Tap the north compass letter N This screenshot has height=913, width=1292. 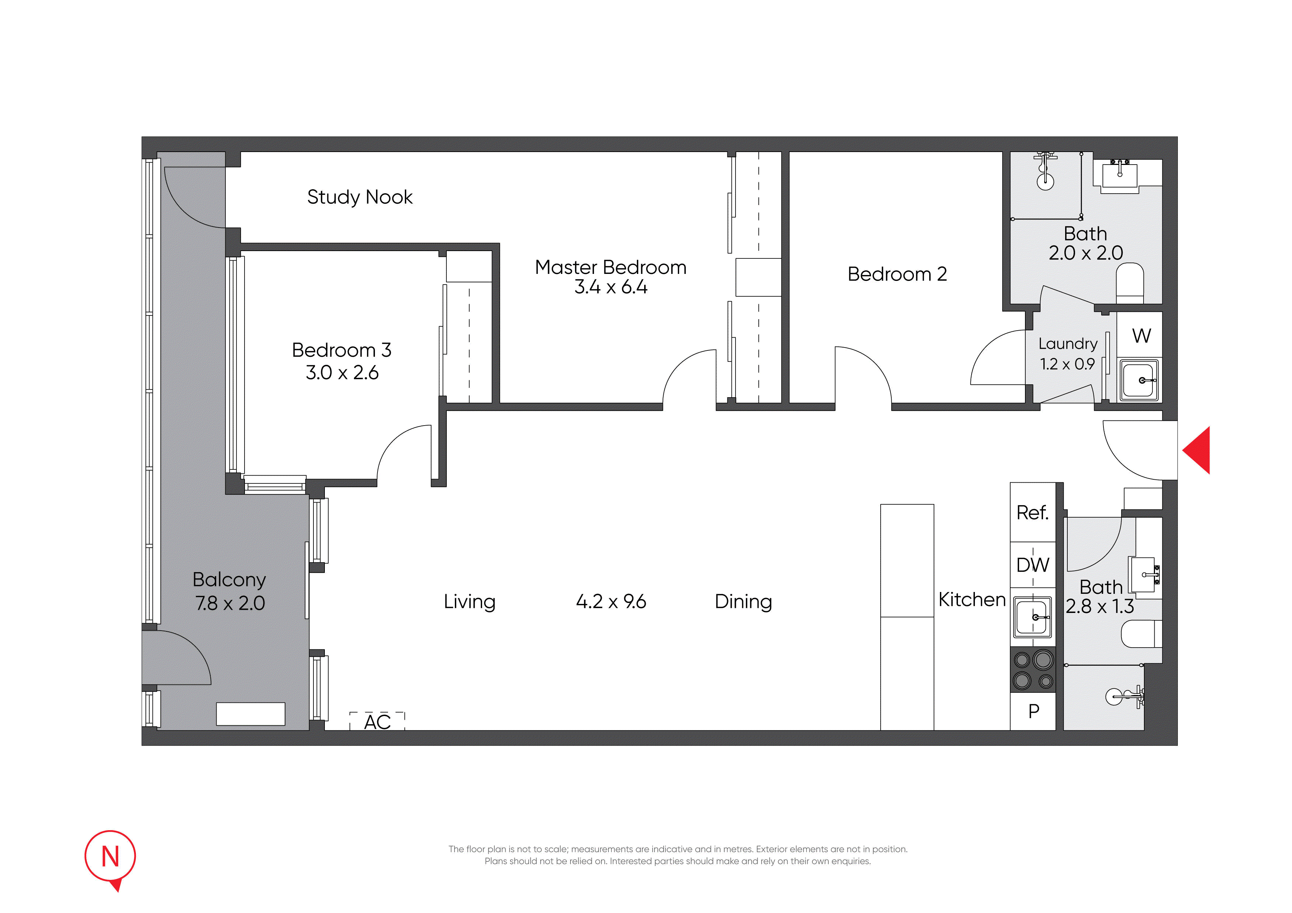110,857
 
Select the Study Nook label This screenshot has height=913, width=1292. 359,197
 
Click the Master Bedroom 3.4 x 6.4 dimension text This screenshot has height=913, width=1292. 611,287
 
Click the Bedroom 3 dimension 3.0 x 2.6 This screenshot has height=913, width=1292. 342,373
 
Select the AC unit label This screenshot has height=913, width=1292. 377,722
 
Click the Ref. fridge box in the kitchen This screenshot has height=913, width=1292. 1033,512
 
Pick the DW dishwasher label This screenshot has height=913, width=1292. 1033,565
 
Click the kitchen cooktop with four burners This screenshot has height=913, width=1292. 1033,670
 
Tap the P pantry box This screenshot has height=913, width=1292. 1033,712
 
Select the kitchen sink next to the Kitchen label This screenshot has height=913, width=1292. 1033,617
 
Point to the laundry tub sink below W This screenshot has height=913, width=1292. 1139,380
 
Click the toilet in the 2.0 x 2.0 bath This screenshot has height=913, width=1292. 1130,283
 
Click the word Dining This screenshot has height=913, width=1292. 743,602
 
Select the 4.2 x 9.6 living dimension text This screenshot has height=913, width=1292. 611,601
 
